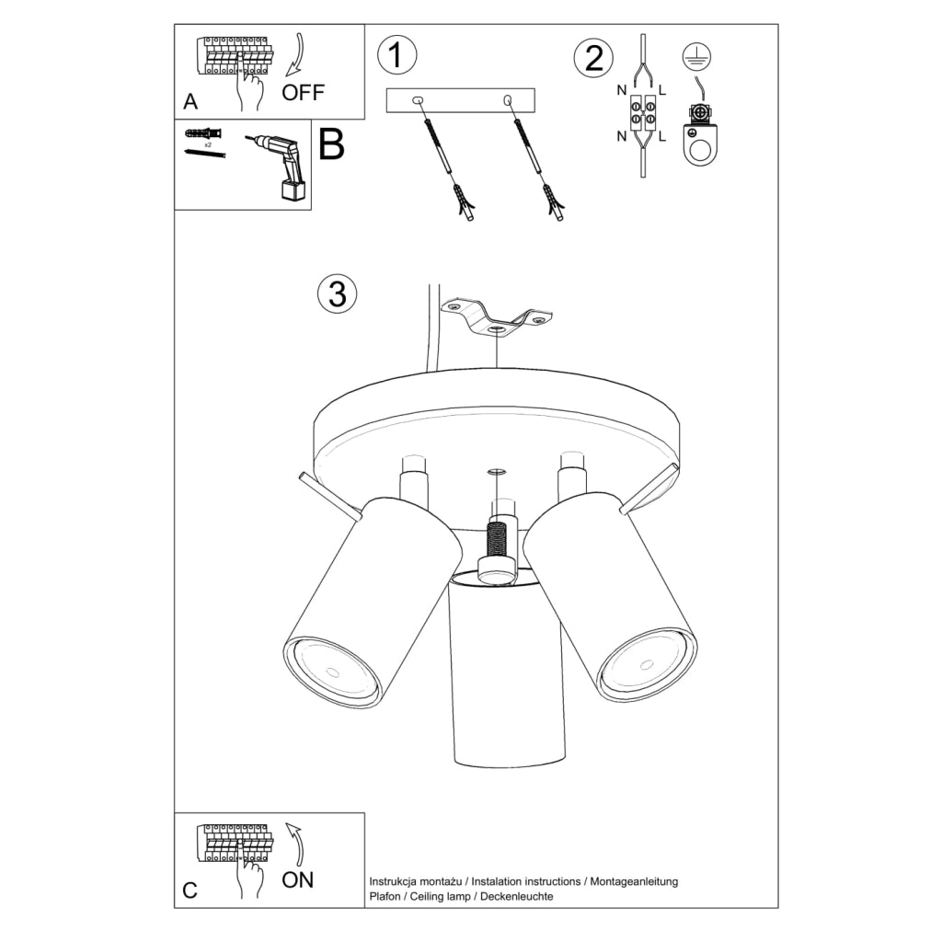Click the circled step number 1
(x=396, y=55)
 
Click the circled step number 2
(x=593, y=58)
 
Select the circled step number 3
(x=337, y=293)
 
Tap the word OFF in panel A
(x=303, y=93)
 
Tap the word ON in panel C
(x=297, y=879)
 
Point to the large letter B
(x=331, y=145)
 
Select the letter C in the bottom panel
(x=190, y=890)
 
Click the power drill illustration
(x=281, y=164)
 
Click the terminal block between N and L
(x=641, y=118)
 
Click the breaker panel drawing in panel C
(x=234, y=844)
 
